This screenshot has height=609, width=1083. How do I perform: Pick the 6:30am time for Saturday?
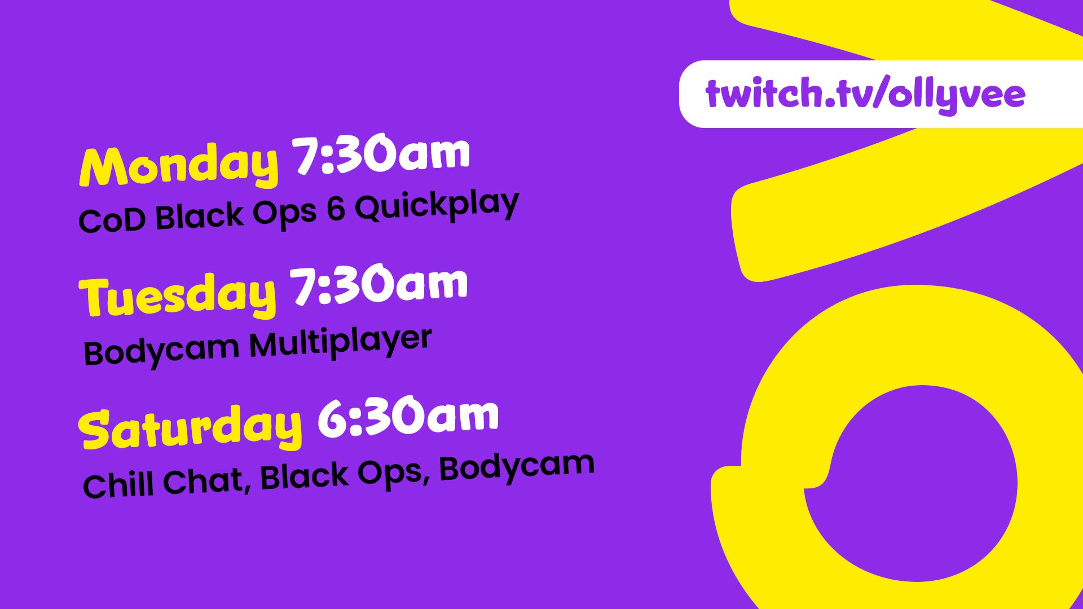coord(408,417)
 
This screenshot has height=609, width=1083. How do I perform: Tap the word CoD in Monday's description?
coord(113,219)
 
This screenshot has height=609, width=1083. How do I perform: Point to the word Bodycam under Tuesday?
coord(162,350)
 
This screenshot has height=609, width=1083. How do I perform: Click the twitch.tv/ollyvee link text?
coord(865,94)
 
